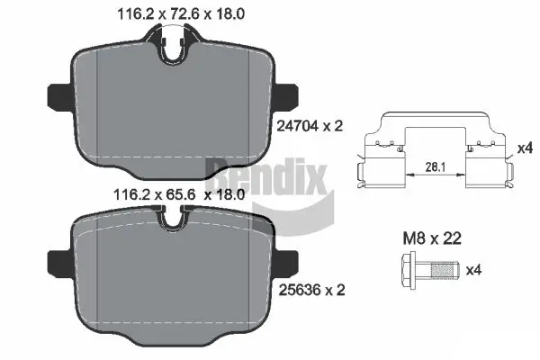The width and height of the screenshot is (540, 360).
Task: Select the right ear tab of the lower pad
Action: coord(290,258)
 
